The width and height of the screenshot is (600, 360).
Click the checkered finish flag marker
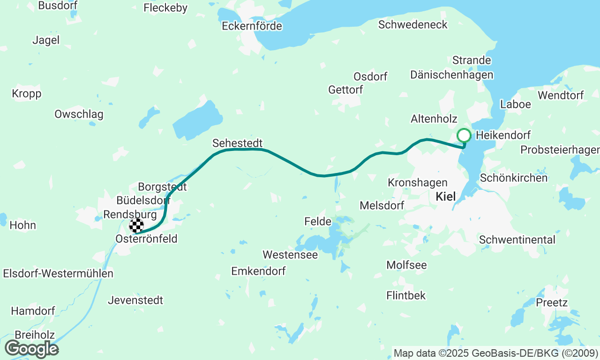click(x=136, y=225)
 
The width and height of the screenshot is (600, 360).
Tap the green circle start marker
click(x=464, y=135)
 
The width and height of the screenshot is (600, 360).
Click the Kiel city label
click(x=445, y=196)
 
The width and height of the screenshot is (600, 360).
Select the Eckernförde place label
click(x=252, y=26)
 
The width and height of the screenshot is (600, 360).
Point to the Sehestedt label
click(x=237, y=143)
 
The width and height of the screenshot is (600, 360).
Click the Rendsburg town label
click(x=129, y=214)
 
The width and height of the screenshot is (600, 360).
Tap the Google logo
click(x=31, y=349)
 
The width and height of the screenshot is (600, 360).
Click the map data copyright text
click(x=495, y=353)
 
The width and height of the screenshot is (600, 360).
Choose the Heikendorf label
click(x=503, y=135)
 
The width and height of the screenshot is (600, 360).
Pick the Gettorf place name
click(x=345, y=90)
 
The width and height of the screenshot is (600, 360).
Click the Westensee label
click(x=290, y=255)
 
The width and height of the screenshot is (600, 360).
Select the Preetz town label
click(x=552, y=302)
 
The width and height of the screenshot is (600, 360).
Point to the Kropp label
click(x=27, y=94)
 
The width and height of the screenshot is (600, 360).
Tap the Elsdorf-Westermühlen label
click(x=58, y=273)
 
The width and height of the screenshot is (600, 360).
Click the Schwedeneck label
click(x=413, y=25)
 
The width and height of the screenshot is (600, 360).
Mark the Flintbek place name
click(x=406, y=295)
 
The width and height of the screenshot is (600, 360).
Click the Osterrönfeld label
click(x=147, y=239)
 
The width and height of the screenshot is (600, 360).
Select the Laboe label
click(x=516, y=104)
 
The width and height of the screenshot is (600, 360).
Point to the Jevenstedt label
click(x=135, y=300)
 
